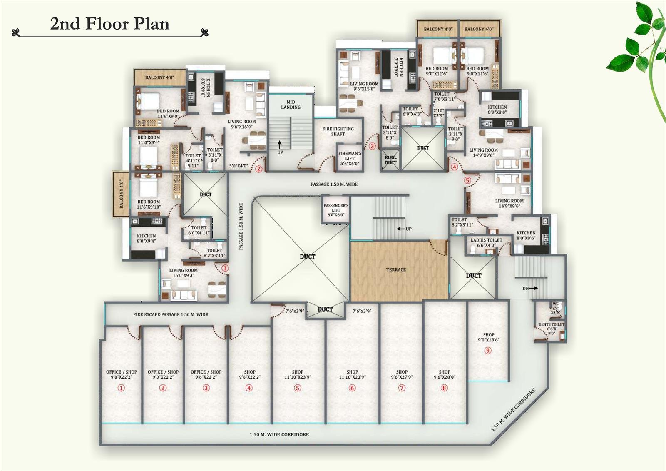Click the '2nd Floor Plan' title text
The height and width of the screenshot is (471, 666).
pyautogui.click(x=110, y=24)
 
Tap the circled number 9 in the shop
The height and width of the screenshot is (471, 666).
pyautogui.click(x=488, y=350)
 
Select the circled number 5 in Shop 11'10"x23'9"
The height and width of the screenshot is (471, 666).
pyautogui.click(x=297, y=388)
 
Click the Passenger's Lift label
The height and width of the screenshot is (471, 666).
pyautogui.click(x=336, y=210)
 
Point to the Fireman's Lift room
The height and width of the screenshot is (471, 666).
pyautogui.click(x=350, y=158)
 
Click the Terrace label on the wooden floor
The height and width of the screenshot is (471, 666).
pyautogui.click(x=396, y=270)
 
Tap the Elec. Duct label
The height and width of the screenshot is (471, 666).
pyautogui.click(x=390, y=160)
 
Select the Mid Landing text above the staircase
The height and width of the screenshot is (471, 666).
pyautogui.click(x=291, y=105)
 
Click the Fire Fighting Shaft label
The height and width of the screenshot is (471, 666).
pyautogui.click(x=338, y=131)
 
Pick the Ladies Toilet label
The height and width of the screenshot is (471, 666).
pyautogui.click(x=486, y=240)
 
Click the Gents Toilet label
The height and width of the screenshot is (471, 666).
pyautogui.click(x=551, y=324)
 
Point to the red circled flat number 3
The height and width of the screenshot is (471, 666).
pyautogui.click(x=372, y=146)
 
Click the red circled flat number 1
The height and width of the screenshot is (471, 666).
pyautogui.click(x=225, y=268)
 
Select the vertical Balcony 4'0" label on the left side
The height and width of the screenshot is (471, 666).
pyautogui.click(x=122, y=194)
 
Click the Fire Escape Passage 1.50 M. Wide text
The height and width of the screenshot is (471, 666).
pyautogui.click(x=171, y=314)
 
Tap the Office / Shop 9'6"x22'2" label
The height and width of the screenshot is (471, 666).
pyautogui.click(x=206, y=374)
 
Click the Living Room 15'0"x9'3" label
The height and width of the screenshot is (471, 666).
pyautogui.click(x=183, y=272)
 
